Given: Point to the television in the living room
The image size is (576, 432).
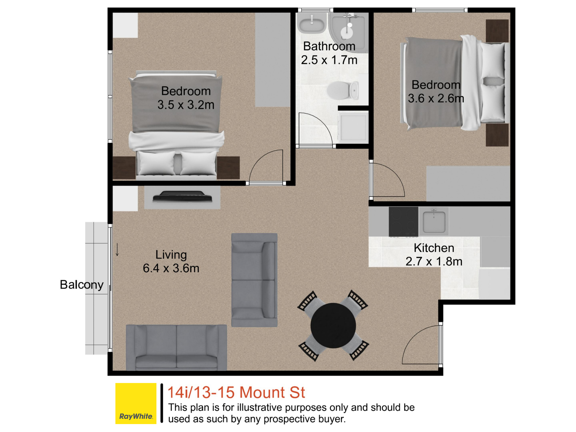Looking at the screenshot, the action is point(182,197).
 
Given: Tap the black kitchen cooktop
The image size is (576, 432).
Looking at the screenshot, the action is point(403,222).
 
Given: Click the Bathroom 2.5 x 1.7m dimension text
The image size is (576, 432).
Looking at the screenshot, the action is point(329,53).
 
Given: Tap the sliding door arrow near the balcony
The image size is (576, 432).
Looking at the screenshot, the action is point(117,249).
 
